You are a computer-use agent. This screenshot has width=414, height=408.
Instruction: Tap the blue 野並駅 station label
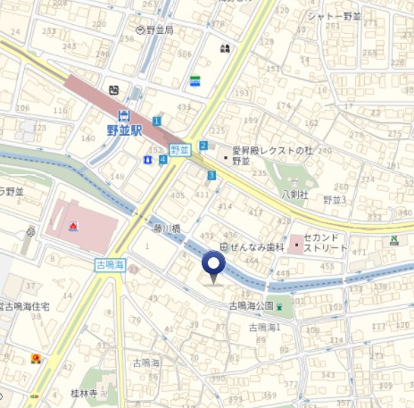click(124, 130)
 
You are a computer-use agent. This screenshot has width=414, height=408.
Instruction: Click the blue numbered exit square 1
click(157, 121)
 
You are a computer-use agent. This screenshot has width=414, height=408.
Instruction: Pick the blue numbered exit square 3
click(211, 176)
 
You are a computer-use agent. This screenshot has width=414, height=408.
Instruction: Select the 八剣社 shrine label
click(294, 194)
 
